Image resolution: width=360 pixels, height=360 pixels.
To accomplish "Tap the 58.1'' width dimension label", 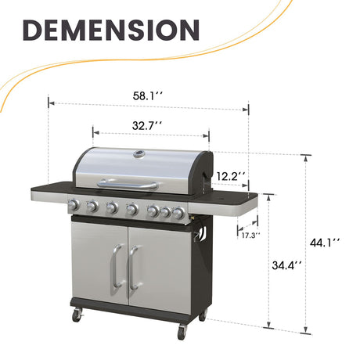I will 149,96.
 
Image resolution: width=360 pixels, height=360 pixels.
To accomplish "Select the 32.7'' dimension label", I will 147,124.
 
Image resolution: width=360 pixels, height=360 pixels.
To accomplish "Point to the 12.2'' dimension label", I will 231,176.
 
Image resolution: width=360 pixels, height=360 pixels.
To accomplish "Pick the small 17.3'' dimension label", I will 250,234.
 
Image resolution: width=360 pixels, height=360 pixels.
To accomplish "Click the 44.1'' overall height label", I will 324,243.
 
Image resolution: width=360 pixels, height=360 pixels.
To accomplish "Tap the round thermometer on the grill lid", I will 141,154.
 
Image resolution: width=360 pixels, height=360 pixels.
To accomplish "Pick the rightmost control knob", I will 180,212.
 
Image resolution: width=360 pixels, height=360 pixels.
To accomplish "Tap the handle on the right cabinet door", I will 132,269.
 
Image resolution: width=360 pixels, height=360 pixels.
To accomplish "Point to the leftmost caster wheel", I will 77,315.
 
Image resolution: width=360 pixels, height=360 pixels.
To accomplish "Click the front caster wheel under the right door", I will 182,332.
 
